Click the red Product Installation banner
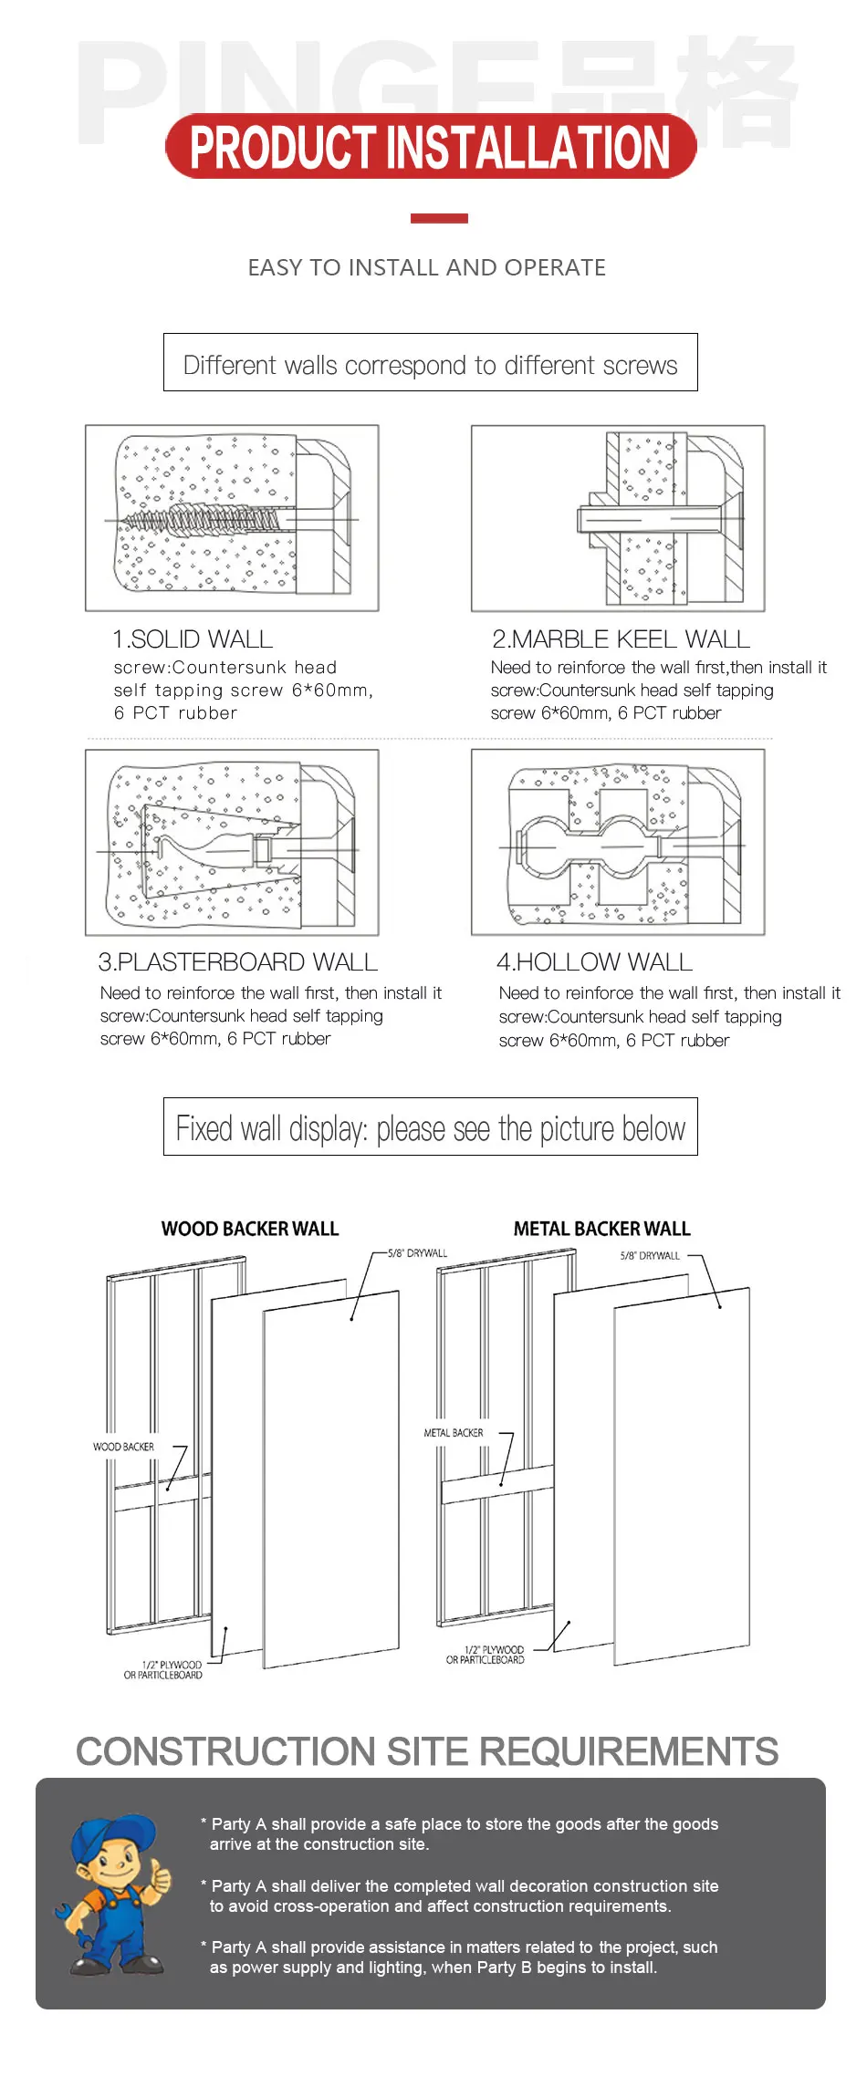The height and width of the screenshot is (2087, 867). (x=431, y=146)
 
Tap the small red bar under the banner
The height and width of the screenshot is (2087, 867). (x=439, y=218)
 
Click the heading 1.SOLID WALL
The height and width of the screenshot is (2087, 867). (x=193, y=639)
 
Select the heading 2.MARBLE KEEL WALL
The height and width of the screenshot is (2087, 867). (x=621, y=639)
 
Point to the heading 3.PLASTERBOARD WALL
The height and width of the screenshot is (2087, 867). (x=237, y=962)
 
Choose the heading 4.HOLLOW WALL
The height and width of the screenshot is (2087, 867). (x=595, y=962)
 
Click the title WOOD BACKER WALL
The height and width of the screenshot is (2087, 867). (x=250, y=1229)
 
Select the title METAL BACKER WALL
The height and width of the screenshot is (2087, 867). (x=602, y=1229)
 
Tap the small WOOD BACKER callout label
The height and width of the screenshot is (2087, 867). (x=123, y=1447)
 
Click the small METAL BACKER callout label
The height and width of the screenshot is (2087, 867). (x=454, y=1433)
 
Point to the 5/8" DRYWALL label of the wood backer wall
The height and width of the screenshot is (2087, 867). (x=418, y=1253)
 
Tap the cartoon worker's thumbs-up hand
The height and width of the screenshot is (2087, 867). (x=162, y=1875)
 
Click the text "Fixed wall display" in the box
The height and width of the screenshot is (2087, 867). (x=271, y=1129)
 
